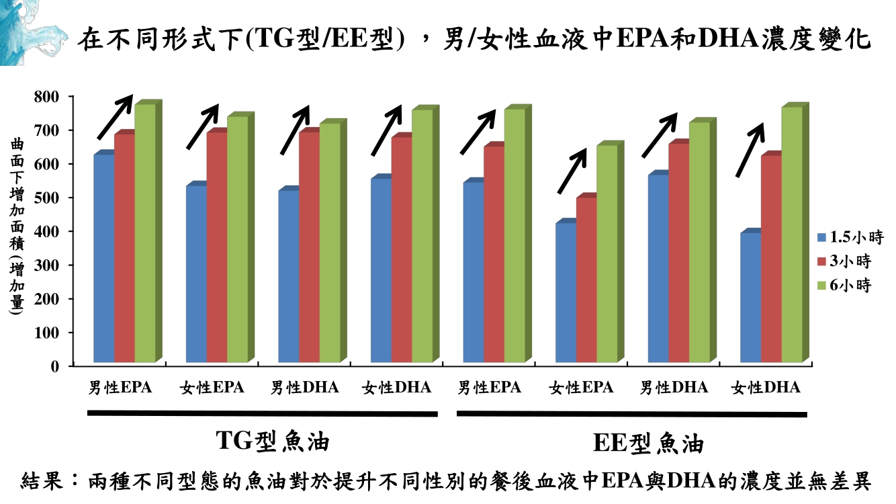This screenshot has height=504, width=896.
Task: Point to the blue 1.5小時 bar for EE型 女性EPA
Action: pyautogui.click(x=566, y=292)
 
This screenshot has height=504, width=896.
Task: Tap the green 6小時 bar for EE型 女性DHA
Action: pyautogui.click(x=791, y=235)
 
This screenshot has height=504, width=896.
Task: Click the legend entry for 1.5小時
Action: pyautogui.click(x=849, y=237)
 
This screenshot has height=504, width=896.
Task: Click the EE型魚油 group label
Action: pyautogui.click(x=649, y=444)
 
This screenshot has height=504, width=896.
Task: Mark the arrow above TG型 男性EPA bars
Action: pyautogui.click(x=115, y=118)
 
